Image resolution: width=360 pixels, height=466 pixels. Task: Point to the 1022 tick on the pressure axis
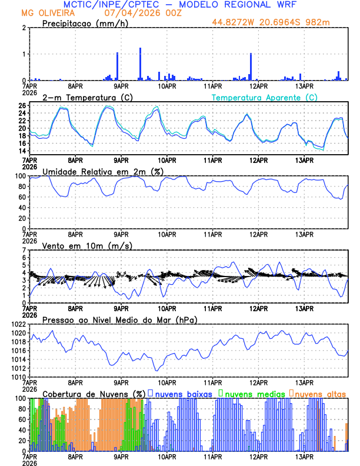pyautogui.click(x=17, y=324)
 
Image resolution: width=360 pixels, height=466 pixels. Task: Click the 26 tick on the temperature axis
pyautogui.click(x=22, y=106)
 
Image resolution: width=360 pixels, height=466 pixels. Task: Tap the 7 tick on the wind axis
pyautogui.click(x=24, y=250)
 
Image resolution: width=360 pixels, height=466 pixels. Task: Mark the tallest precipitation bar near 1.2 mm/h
pyautogui.click(x=140, y=64)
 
